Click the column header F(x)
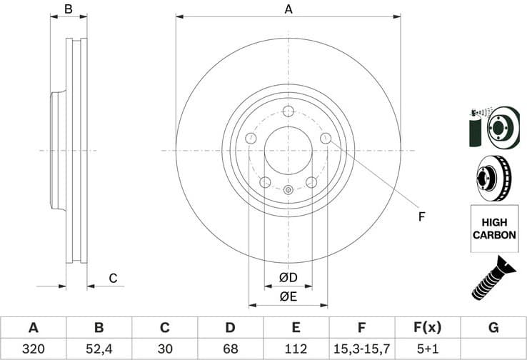[x=427, y=328]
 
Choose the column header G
[x=493, y=328]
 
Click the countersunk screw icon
[x=493, y=278]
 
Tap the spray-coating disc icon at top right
[x=493, y=126]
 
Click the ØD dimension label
[x=288, y=276]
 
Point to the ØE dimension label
[x=288, y=296]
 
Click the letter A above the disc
[x=288, y=9]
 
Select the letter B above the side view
[x=69, y=9]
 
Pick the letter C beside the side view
[x=112, y=278]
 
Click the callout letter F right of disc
[x=421, y=216]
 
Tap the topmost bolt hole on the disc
[x=288, y=111]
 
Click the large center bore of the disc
[x=288, y=151]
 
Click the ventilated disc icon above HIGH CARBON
[x=493, y=177]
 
